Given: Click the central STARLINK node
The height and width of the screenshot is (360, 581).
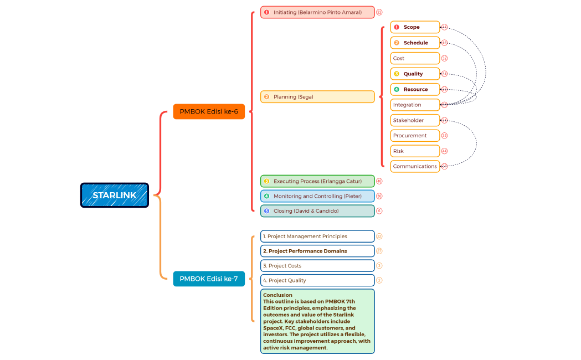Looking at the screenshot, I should click(115, 196).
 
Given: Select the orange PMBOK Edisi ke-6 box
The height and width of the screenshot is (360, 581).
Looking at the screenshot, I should click(209, 111).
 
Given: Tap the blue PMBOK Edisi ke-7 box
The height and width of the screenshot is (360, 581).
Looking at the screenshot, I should click(209, 279).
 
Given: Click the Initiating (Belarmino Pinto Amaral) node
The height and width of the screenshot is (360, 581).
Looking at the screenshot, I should click(317, 12).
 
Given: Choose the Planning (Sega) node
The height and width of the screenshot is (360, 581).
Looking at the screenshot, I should click(317, 97).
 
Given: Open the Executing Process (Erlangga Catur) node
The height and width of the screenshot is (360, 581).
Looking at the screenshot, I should click(317, 181).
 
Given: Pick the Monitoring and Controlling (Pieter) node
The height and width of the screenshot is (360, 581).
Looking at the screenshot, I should click(317, 196).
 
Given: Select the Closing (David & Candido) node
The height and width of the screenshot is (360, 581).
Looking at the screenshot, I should click(317, 211).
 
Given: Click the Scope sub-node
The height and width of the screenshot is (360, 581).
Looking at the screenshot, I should click(415, 27).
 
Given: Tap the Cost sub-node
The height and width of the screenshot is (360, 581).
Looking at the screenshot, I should click(415, 58).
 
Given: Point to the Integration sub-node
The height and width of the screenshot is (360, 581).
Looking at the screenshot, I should click(415, 105).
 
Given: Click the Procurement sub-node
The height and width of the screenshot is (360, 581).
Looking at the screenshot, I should click(415, 136).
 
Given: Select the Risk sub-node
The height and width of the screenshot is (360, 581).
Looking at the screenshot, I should click(415, 151).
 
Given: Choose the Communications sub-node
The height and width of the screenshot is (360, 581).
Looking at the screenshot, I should click(415, 166).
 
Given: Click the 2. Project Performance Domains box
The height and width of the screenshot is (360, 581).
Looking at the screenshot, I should click(317, 251).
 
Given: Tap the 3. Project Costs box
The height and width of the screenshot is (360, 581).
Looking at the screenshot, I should click(317, 266).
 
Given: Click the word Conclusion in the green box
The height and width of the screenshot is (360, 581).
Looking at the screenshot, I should click(277, 295).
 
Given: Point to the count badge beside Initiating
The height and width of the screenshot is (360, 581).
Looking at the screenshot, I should click(379, 12).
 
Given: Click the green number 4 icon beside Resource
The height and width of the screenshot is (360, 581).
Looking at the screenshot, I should click(396, 89).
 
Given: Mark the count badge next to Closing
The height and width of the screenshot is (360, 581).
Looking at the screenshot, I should click(379, 211).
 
